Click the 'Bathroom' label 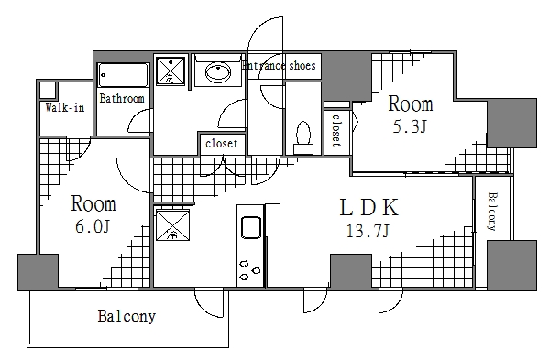[x=122, y=99]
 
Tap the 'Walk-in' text [x=65, y=108]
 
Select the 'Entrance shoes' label [x=280, y=66]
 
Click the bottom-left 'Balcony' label [x=126, y=318]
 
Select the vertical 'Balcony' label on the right [x=492, y=213]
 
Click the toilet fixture [x=302, y=136]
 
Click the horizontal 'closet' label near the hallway [x=221, y=144]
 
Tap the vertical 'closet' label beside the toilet [x=335, y=130]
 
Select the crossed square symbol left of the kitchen [x=172, y=225]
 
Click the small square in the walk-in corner [x=48, y=91]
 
